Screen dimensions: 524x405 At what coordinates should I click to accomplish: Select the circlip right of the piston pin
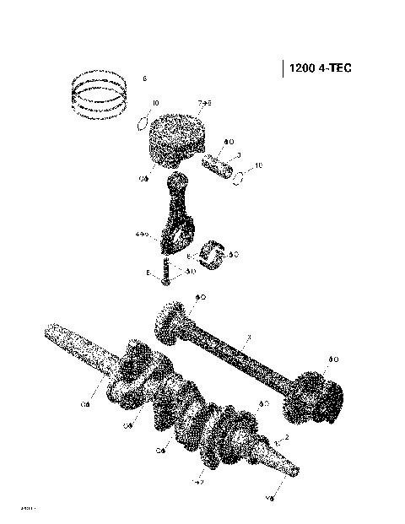click(x=241, y=178)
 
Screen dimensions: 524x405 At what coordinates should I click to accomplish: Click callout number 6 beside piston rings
click(x=144, y=78)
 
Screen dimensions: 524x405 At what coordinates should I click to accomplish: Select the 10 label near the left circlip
click(x=154, y=104)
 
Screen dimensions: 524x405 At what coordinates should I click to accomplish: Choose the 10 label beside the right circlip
click(x=258, y=166)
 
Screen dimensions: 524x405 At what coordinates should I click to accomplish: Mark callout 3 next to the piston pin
click(x=240, y=154)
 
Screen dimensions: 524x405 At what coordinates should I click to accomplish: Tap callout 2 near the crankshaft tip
click(x=287, y=437)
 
